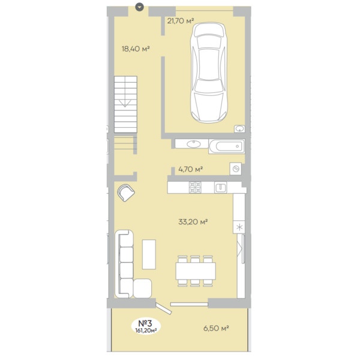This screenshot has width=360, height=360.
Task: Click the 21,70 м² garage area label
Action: point(181,21)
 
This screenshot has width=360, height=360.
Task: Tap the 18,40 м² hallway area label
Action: point(136,49)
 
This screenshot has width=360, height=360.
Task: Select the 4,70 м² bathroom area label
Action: point(191,169)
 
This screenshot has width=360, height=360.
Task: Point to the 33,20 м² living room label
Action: point(193,221)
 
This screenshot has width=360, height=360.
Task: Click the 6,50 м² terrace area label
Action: point(216,328)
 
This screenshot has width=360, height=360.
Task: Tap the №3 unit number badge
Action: point(146,326)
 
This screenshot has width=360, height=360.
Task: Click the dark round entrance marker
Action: point(139,7)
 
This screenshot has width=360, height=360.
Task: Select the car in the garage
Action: point(209,73)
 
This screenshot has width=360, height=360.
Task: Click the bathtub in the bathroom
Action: point(227,146)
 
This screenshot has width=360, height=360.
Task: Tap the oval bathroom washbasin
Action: point(194,144)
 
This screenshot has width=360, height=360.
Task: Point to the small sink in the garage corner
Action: point(239,129)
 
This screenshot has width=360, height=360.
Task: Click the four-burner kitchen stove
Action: point(195,188)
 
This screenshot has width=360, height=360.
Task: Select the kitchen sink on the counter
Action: point(220,187)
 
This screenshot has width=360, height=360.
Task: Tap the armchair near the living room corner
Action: point(126,193)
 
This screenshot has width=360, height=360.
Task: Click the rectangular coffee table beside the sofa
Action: point(149,254)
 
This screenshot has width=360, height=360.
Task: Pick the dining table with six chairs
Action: point(196,271)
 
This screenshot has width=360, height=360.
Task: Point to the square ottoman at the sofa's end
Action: point(142,289)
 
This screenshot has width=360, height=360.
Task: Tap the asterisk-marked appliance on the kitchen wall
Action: point(239,227)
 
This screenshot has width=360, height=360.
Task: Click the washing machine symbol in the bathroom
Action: point(236,169)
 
